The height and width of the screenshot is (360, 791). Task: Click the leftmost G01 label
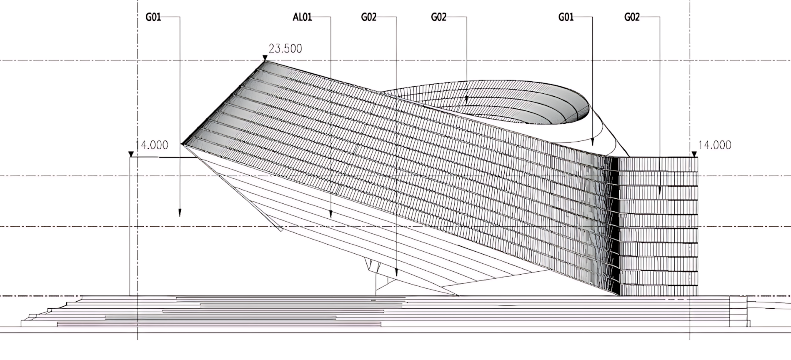pos(153,17)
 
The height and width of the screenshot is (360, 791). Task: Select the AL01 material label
pos(302,17)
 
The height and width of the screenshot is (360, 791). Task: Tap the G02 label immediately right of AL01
pos(368,17)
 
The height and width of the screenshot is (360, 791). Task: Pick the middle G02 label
pos(438,17)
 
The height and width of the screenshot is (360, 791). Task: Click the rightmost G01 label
pos(566,17)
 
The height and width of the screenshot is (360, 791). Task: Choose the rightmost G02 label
pos(631,17)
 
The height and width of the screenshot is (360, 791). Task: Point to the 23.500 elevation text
pos(285,49)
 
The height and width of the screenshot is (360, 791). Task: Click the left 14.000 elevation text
pos(152,145)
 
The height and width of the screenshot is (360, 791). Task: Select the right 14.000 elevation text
pos(714,145)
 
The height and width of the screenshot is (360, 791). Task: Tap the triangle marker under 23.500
pos(265,58)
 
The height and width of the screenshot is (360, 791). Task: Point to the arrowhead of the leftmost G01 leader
pos(180,213)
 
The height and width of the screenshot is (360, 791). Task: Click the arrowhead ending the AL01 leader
pos(331,215)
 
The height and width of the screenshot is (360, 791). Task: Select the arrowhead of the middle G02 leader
pos(466,100)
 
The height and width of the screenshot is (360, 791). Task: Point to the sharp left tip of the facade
pos(182,144)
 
